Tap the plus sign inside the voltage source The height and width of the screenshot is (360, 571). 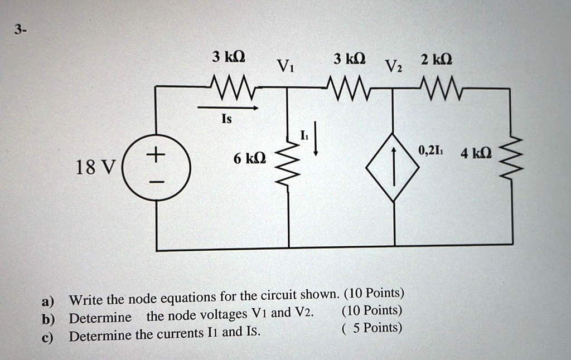tap(157, 153)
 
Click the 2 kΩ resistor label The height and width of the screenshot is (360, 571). tap(437, 59)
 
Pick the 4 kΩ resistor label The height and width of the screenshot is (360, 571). tap(476, 153)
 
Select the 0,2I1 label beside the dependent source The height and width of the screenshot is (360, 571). tap(430, 149)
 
